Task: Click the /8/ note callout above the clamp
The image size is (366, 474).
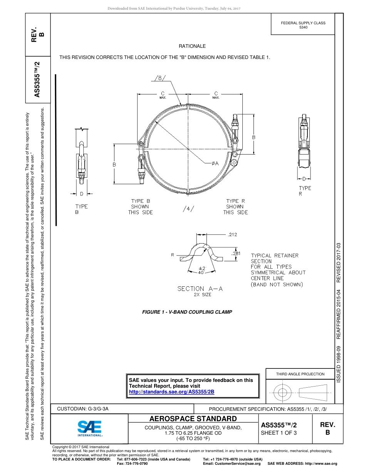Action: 159,78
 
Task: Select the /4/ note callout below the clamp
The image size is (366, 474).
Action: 188,209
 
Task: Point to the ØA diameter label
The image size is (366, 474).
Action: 215,163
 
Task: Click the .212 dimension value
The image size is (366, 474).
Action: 232,234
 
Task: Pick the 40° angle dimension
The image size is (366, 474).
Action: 201,272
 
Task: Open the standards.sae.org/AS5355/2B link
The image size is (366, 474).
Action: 171,392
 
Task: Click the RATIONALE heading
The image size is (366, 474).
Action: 192,46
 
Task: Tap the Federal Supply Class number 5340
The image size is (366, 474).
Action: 303,27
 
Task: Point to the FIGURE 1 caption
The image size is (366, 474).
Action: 187,312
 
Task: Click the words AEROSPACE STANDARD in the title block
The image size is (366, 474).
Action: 193,419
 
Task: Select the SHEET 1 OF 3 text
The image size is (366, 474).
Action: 279,433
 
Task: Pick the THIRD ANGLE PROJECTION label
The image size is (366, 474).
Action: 300,374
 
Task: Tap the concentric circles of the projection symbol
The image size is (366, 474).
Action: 283,393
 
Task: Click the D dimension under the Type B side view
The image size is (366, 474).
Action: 82,194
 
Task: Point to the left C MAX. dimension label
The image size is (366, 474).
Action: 163,95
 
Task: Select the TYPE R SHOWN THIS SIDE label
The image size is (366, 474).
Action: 235,207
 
